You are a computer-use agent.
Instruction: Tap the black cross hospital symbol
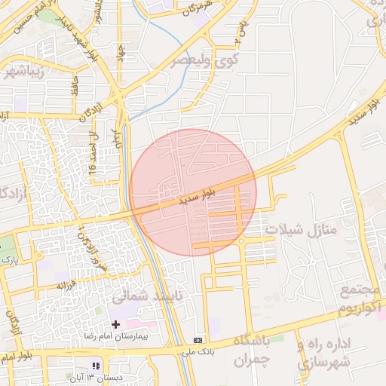[115, 323]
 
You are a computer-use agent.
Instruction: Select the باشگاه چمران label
[241, 351]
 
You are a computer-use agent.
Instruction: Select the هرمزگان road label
[195, 11]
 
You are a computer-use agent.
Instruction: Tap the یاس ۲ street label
[240, 30]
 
